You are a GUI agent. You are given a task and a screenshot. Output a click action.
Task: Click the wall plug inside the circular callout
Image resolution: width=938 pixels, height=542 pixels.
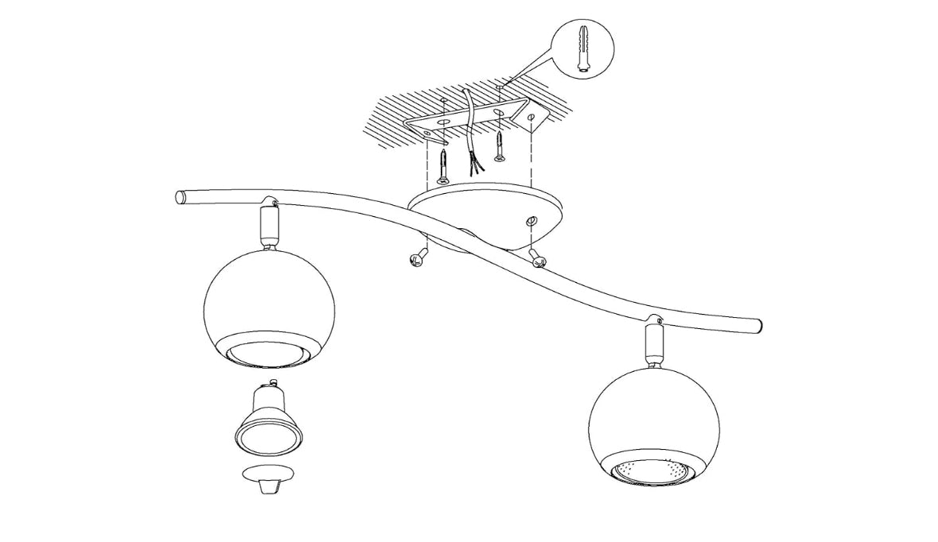[x=582, y=48]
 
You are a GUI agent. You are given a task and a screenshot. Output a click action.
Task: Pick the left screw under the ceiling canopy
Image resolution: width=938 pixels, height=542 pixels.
[x=418, y=259]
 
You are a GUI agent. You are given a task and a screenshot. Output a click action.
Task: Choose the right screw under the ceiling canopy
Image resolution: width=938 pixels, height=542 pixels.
[x=538, y=256]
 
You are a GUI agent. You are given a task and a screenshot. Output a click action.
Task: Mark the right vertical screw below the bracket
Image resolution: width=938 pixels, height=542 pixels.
[x=499, y=147]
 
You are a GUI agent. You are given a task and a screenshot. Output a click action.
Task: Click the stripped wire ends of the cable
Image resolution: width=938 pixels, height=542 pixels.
[x=476, y=165]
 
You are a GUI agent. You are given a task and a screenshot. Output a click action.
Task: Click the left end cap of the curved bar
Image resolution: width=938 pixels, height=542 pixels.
[x=181, y=196]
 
